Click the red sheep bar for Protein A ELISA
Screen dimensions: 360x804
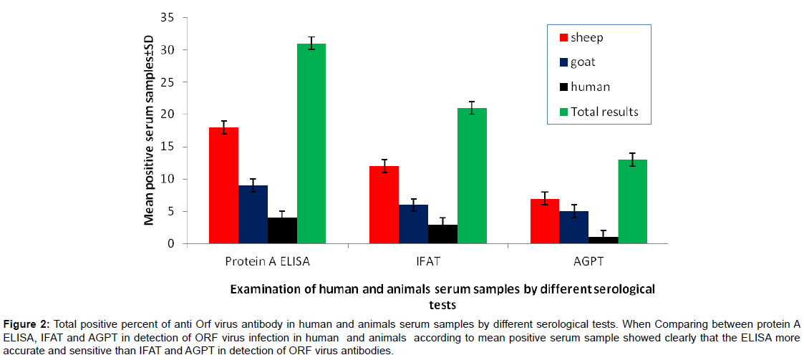coord(223,185)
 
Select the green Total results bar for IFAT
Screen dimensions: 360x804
coord(472,176)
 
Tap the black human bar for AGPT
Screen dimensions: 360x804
coord(604,240)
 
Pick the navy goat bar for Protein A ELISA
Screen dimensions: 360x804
coord(253,215)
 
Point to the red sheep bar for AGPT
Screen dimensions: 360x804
coord(545,221)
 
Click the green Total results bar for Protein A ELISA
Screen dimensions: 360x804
coord(311,143)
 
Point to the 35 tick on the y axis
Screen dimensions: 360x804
coord(168,17)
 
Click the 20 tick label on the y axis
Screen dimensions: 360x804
coord(168,115)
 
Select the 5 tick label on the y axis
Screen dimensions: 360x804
coord(171,211)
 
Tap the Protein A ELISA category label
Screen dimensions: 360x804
coord(268,262)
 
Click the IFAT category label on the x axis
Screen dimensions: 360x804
coord(428,262)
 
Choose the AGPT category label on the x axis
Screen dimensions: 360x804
coord(589,262)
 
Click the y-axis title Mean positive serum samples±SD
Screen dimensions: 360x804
coord(150,129)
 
